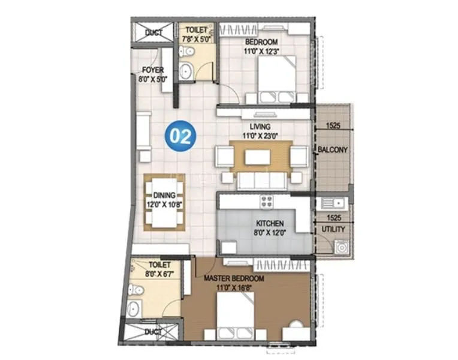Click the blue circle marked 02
click(x=180, y=136)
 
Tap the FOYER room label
click(x=153, y=70)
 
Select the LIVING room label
click(x=261, y=127)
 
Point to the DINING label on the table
click(x=164, y=194)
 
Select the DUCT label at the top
click(x=153, y=32)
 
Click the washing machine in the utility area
click(x=342, y=246)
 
